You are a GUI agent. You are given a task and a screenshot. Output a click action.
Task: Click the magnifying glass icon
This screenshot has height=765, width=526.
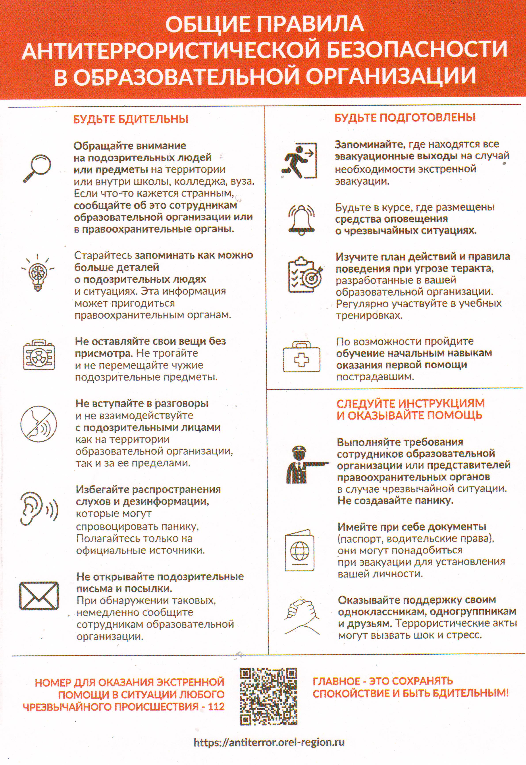(37, 168)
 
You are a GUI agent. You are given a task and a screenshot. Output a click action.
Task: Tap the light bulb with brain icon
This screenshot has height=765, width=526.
(38, 272)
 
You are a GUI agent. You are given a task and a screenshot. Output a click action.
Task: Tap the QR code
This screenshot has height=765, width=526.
(268, 692)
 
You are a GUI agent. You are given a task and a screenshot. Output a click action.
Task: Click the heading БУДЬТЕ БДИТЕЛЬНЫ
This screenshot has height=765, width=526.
(131, 119)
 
